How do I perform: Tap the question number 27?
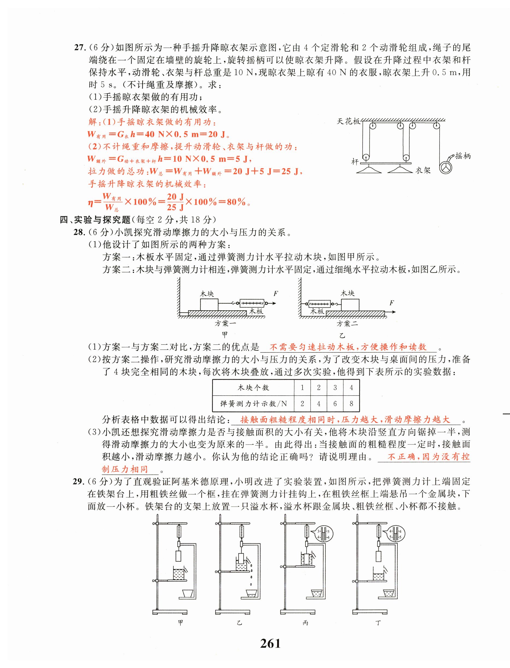click(x=81, y=48)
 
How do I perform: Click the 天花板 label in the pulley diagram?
click(x=348, y=121)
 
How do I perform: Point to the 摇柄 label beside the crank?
click(x=463, y=156)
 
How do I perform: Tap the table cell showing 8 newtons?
click(x=351, y=404)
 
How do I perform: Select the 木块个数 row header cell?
click(x=253, y=388)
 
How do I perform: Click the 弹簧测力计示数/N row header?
click(x=253, y=404)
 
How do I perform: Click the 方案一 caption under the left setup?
click(x=225, y=323)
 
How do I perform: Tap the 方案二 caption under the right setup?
click(x=347, y=323)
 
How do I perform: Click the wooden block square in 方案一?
click(x=209, y=304)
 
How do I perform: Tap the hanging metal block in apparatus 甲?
click(x=179, y=556)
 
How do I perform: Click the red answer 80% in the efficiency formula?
click(x=236, y=202)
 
